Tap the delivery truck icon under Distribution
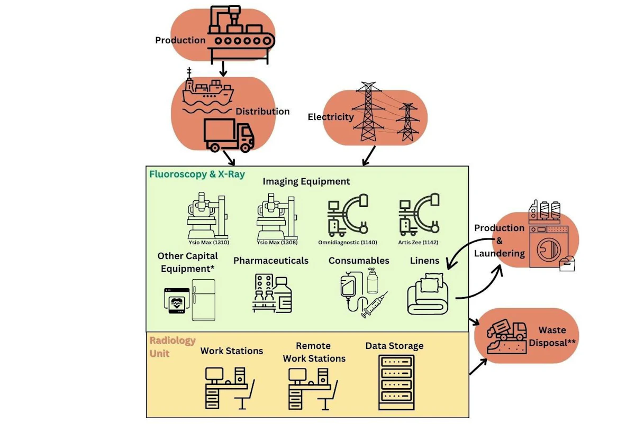coord(229,135)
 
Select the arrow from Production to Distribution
coord(223,69)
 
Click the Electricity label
coord(331,117)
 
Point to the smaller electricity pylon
coord(407,122)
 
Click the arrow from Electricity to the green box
coord(369,155)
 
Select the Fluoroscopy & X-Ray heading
coord(197,174)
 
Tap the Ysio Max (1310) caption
coord(209,243)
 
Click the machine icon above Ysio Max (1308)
coord(277,216)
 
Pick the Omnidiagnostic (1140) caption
coord(348,243)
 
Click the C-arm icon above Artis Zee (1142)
coord(419,215)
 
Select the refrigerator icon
coord(203,300)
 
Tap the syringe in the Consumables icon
coord(374,305)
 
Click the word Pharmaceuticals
coord(271,261)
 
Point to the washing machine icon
coord(549,246)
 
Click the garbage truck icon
coord(506,330)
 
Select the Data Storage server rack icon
coord(396,382)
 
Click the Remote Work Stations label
coord(314,352)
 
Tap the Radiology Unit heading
coord(173,347)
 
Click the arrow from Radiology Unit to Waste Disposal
coord(478,367)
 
